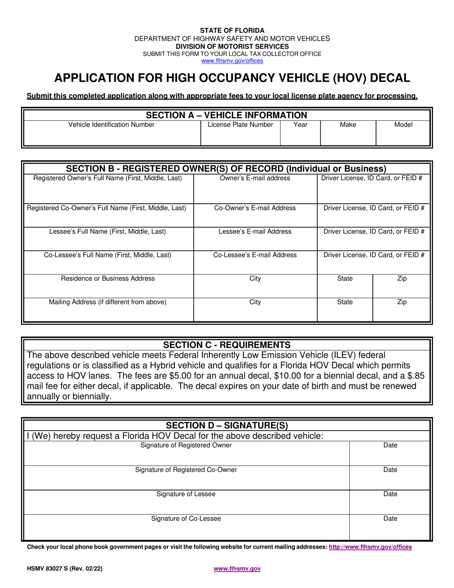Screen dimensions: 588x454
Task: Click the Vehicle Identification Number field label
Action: tap(111, 125)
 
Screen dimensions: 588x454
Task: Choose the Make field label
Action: tap(347, 125)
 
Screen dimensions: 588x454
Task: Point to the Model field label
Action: tap(403, 125)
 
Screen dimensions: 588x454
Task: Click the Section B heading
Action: tap(226, 169)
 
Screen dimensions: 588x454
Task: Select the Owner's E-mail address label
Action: tap(255, 178)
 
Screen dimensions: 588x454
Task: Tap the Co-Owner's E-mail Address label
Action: tap(255, 208)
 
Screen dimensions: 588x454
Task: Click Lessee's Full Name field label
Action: tap(108, 231)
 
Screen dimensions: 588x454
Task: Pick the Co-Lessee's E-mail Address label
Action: tap(255, 255)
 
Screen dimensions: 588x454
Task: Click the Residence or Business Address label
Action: tap(108, 279)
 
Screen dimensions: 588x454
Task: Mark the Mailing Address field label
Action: tap(108, 302)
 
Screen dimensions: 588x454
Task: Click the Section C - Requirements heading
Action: tap(227, 345)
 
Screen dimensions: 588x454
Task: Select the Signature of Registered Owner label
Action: tap(186, 446)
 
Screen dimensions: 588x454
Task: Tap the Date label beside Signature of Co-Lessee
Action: tap(390, 519)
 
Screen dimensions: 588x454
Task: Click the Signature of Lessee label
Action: tap(186, 494)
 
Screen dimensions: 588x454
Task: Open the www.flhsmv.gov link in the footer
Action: tap(237, 569)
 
